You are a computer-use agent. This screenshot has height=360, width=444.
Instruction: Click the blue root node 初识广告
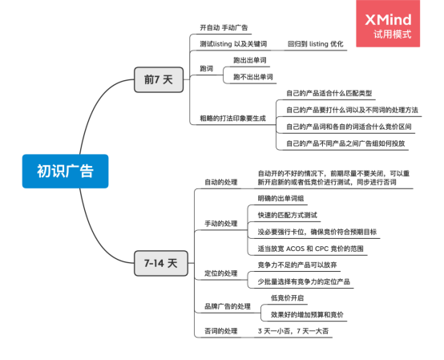point(64,171)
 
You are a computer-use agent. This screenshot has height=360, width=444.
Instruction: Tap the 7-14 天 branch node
point(161,262)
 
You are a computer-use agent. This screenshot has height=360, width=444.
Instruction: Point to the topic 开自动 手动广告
point(224,27)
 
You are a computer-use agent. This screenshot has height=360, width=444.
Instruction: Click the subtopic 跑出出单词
point(250,60)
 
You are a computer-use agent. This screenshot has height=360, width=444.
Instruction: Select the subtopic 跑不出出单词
point(252,76)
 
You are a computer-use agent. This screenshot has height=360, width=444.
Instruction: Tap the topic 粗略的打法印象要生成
point(232,118)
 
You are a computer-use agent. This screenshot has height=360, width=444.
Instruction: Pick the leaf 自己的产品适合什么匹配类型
point(329,94)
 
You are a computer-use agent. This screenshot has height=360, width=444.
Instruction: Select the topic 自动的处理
point(221,181)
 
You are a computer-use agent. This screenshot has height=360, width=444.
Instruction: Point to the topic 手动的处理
point(221,222)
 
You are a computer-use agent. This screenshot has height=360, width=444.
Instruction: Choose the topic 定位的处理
point(221,273)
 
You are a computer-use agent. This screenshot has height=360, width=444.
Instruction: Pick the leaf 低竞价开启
point(289,297)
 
